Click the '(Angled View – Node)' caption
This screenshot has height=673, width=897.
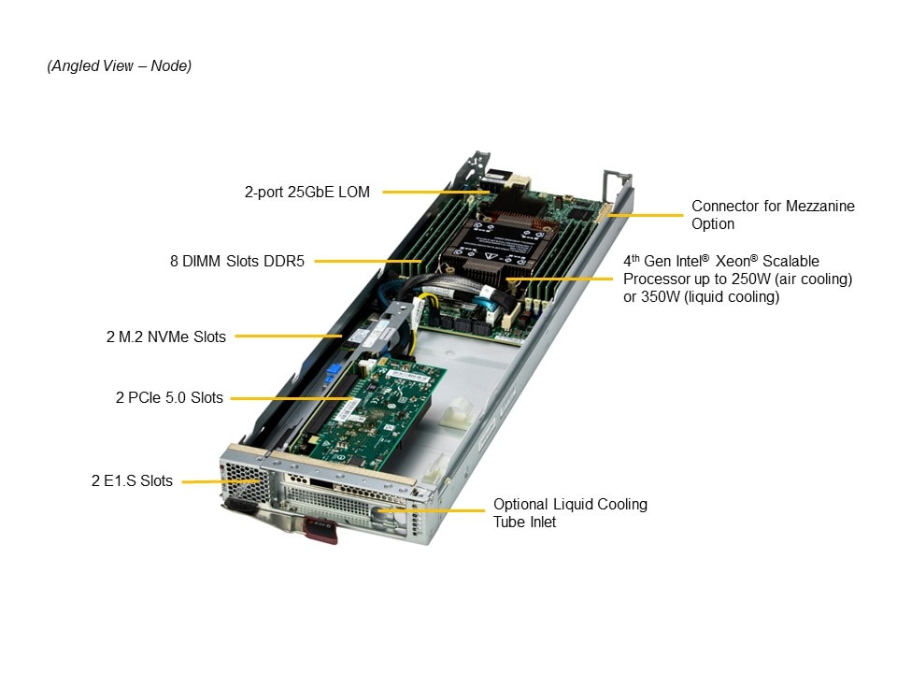click(119, 66)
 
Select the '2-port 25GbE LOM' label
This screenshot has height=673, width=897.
click(306, 193)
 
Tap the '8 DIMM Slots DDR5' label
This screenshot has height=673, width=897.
click(237, 262)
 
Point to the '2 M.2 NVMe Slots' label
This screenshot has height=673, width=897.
click(165, 336)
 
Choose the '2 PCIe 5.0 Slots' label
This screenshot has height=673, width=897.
click(169, 397)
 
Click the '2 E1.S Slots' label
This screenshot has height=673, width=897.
click(132, 481)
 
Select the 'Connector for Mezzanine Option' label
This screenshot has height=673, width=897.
click(772, 215)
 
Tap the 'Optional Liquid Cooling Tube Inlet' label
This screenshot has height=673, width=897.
click(569, 512)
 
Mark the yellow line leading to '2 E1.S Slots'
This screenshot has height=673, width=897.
click(221, 481)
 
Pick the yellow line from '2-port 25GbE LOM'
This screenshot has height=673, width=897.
click(431, 193)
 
